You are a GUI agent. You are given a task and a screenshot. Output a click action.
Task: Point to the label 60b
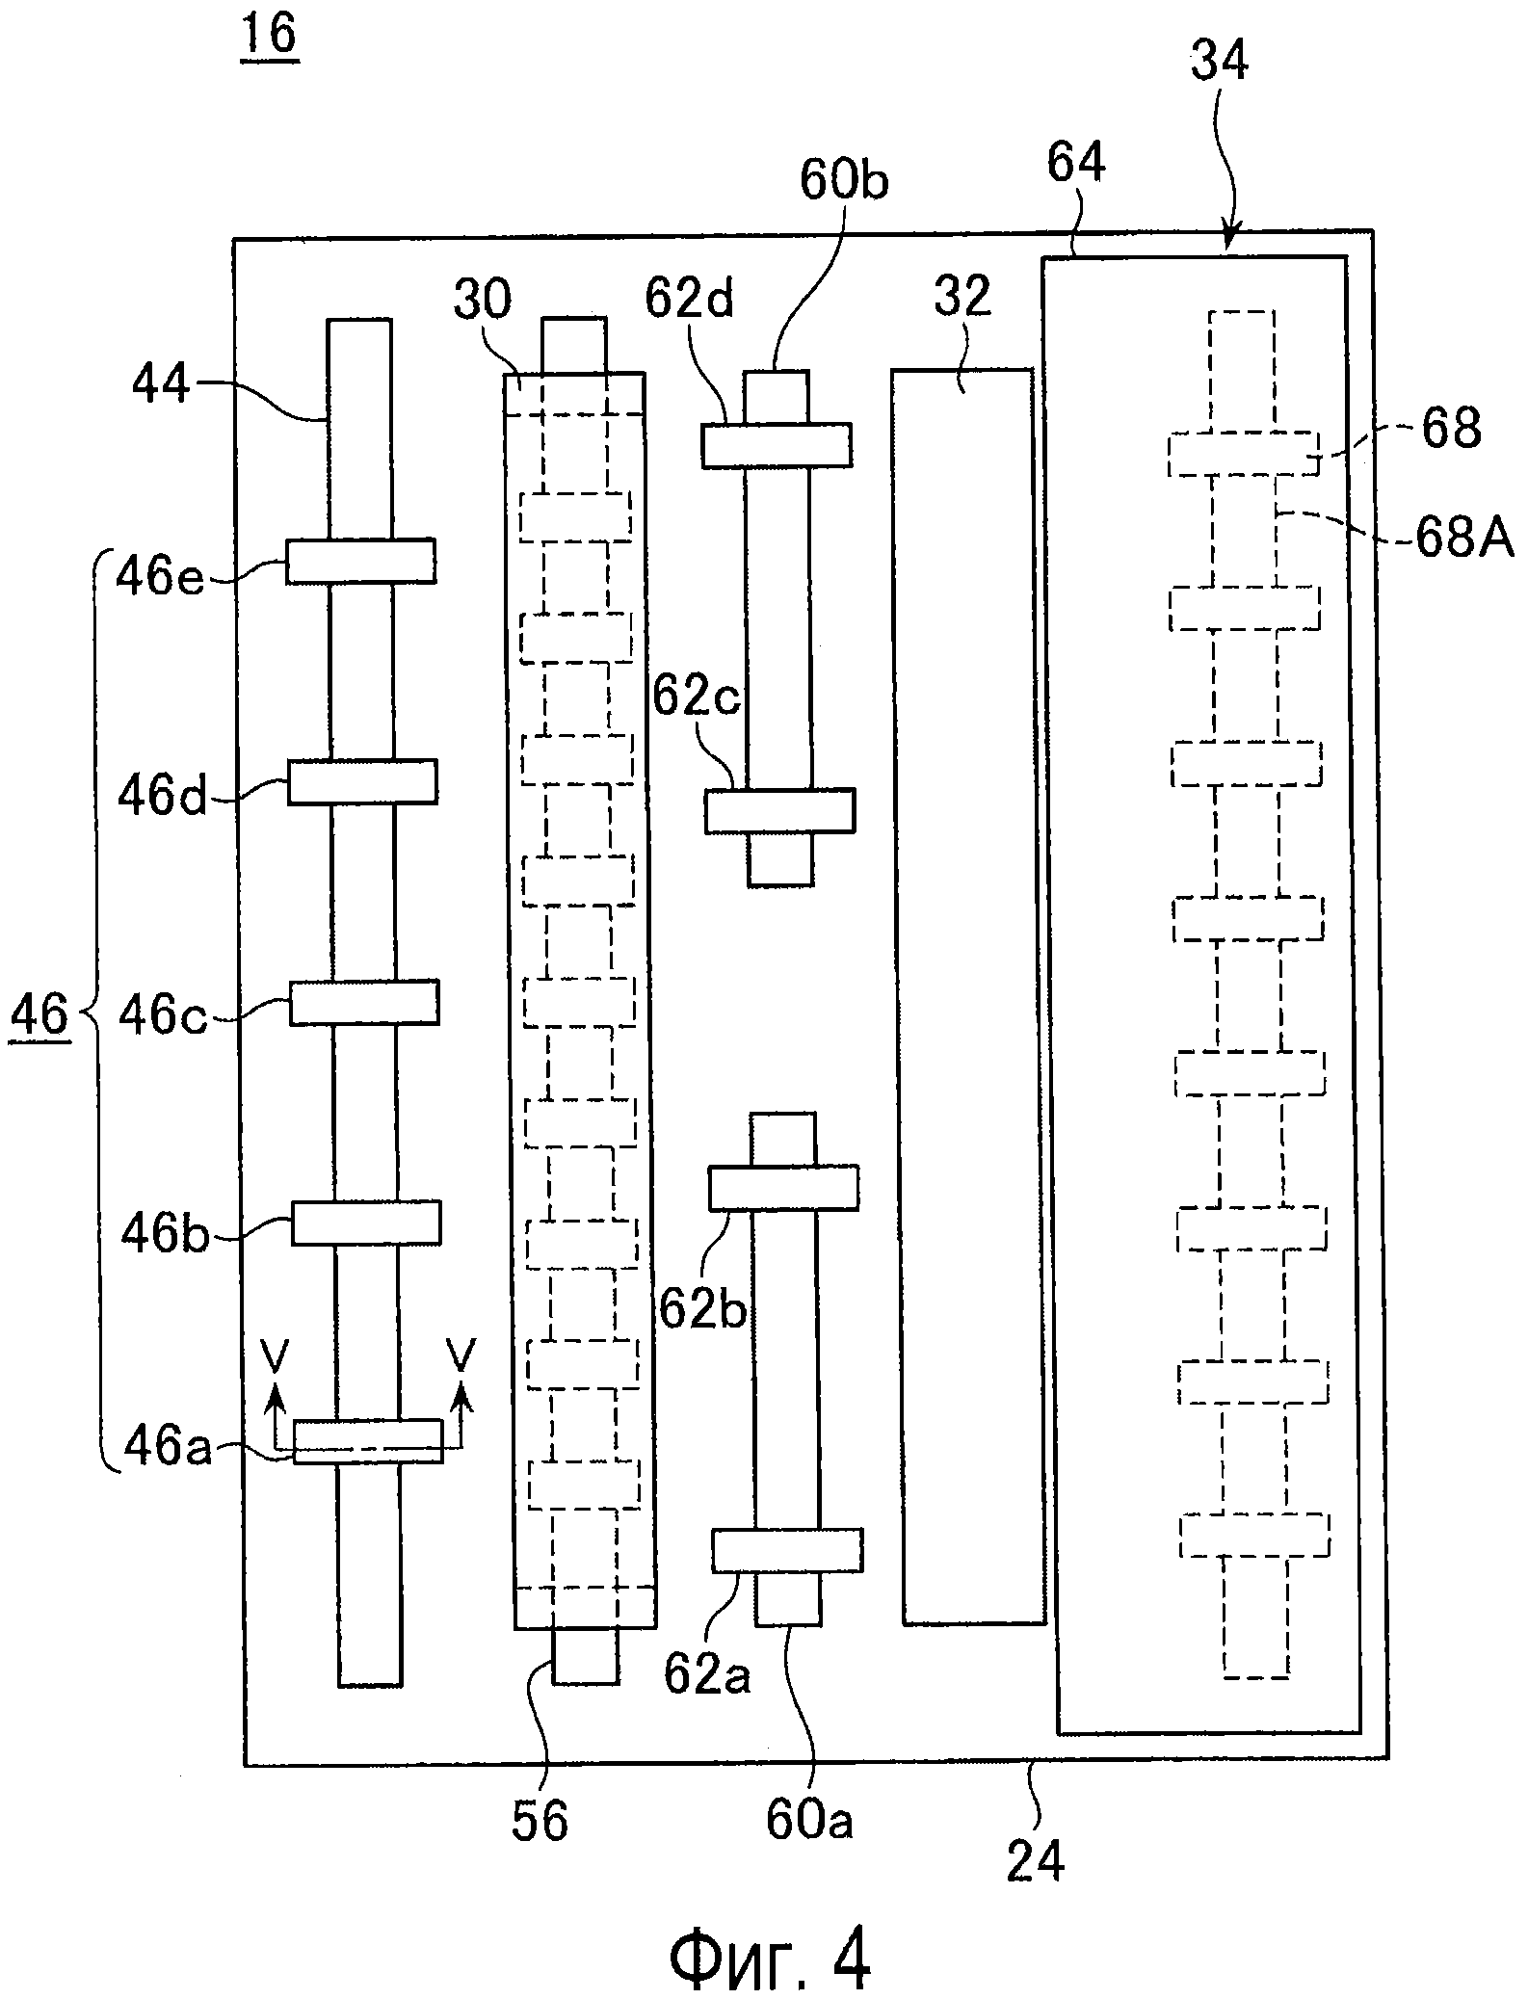click(843, 182)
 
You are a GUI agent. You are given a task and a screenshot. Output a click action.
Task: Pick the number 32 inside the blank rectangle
click(962, 299)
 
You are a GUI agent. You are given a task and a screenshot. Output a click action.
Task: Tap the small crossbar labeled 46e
click(360, 561)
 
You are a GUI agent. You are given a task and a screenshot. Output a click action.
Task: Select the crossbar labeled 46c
click(364, 1002)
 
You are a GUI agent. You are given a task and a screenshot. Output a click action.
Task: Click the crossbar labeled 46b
click(366, 1223)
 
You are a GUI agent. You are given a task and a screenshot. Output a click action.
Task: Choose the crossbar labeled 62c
click(779, 810)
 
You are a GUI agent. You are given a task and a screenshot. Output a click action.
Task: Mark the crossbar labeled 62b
click(783, 1188)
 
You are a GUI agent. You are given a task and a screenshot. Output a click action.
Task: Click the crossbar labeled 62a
click(787, 1550)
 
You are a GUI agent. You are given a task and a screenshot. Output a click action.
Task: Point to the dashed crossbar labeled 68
click(1243, 453)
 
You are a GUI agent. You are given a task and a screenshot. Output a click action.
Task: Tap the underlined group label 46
click(40, 1014)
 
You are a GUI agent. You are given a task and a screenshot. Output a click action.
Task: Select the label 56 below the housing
click(540, 1821)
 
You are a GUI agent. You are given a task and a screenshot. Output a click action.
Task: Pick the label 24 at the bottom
click(1036, 1861)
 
